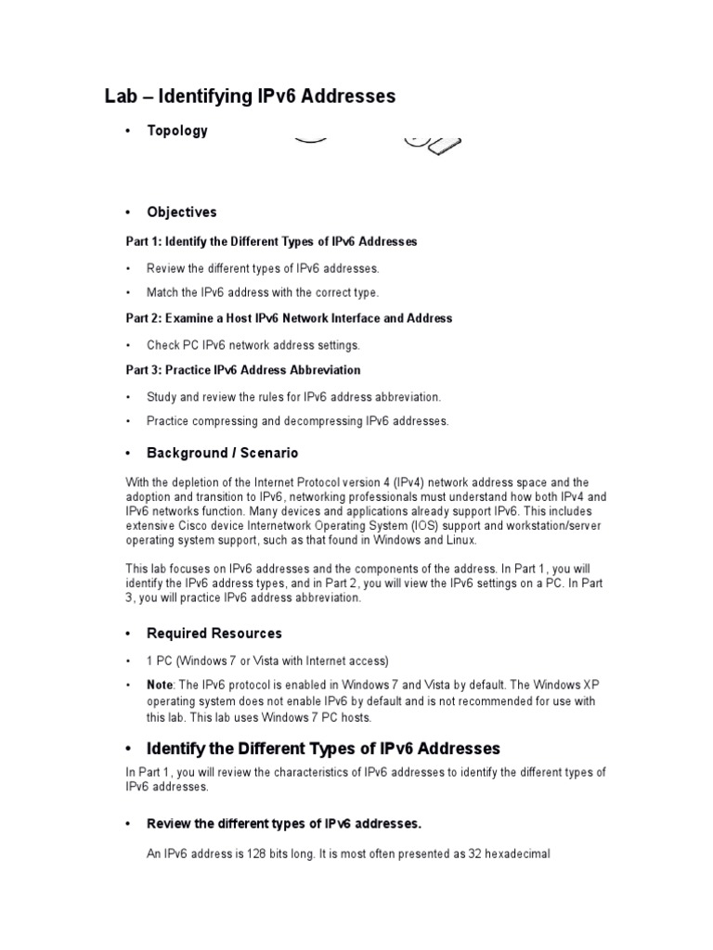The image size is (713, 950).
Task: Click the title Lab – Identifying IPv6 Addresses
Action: click(248, 96)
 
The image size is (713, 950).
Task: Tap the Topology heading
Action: click(177, 131)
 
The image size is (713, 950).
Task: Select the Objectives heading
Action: click(182, 212)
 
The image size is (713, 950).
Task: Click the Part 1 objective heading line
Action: click(271, 241)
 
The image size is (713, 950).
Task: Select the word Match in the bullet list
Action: click(163, 292)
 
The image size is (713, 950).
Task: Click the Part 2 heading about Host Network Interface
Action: click(289, 318)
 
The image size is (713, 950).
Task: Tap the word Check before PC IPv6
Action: click(163, 345)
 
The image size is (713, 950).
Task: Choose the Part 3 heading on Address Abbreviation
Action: click(243, 370)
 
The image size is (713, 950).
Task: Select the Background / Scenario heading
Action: click(223, 453)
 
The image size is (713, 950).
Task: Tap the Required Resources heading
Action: click(214, 634)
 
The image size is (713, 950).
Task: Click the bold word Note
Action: click(160, 685)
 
